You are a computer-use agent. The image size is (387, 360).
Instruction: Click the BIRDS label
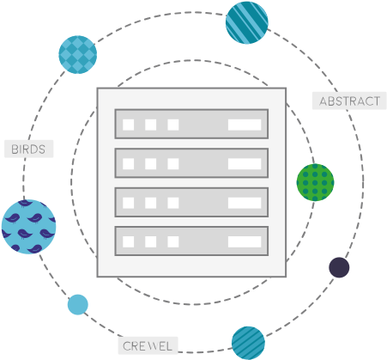28,149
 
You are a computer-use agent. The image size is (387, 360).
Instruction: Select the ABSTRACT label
349,101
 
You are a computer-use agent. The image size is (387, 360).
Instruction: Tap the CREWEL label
148,345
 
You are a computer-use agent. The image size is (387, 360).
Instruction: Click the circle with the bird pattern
28,227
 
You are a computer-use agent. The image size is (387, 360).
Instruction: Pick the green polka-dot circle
315,182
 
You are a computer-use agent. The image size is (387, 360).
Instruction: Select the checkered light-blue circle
78,54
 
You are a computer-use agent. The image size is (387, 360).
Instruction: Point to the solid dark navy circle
339,267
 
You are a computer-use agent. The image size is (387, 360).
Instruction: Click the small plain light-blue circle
78,304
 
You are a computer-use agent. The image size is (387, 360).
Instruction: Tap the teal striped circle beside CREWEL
248,343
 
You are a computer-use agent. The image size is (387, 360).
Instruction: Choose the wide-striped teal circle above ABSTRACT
247,22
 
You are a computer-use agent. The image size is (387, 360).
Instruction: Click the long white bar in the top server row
245,125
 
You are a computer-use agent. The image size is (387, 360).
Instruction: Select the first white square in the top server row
129,125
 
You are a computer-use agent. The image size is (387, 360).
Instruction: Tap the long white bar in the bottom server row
245,241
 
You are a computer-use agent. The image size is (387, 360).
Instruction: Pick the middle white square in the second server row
151,164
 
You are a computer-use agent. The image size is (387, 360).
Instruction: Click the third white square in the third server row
173,203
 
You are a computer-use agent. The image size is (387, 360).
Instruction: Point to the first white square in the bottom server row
129,241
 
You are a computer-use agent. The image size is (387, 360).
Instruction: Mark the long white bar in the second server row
245,164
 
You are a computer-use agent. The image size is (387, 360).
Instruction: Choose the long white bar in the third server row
245,203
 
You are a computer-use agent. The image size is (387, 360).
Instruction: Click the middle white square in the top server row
151,125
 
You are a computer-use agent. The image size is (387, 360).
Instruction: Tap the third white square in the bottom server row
173,241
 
